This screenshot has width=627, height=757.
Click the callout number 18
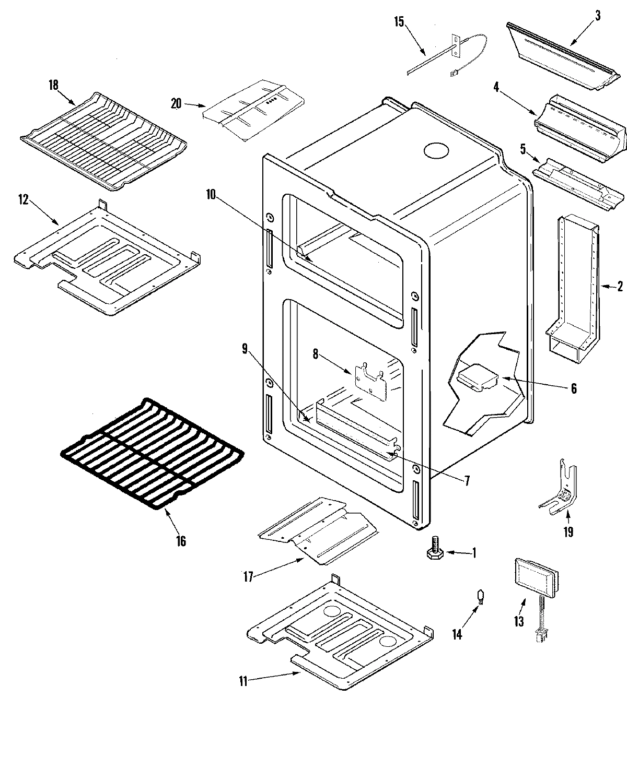tap(54, 85)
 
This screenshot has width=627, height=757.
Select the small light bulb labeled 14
tap(478, 596)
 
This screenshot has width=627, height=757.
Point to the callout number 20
tap(176, 103)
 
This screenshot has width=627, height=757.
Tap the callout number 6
tap(574, 388)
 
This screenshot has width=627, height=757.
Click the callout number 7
tap(467, 478)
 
